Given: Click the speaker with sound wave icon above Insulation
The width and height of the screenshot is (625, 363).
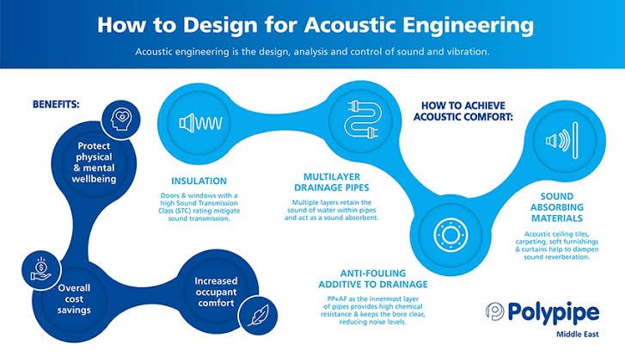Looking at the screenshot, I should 199,124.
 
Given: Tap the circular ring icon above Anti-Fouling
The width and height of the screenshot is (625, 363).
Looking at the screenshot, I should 447,233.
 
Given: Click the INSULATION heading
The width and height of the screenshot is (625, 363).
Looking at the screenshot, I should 198,181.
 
